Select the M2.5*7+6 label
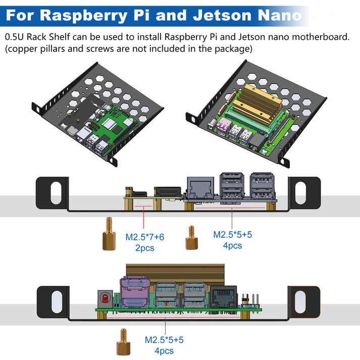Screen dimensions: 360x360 145,237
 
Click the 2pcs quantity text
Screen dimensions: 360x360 145,248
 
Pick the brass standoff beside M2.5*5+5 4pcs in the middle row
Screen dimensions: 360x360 191,238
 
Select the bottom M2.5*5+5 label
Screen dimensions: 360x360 164,340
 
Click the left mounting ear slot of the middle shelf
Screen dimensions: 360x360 51,194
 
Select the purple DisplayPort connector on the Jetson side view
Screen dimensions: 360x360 134,292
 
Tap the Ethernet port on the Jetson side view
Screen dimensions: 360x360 223,295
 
